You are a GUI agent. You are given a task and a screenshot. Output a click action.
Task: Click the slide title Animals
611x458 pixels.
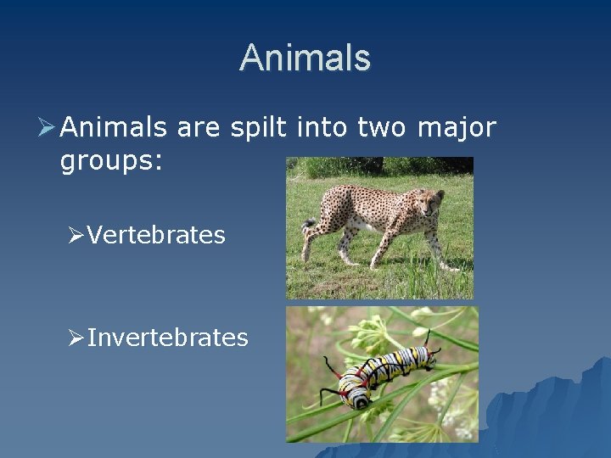(x=305, y=58)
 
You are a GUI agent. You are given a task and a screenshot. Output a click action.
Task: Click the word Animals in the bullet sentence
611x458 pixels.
(x=114, y=127)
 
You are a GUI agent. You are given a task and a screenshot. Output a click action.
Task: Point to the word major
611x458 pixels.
(x=456, y=129)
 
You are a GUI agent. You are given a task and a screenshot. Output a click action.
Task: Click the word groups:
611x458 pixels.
(x=110, y=161)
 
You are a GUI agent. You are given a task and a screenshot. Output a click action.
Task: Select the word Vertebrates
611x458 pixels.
(x=156, y=235)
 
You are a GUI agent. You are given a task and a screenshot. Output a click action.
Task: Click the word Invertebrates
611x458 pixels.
(x=167, y=338)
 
